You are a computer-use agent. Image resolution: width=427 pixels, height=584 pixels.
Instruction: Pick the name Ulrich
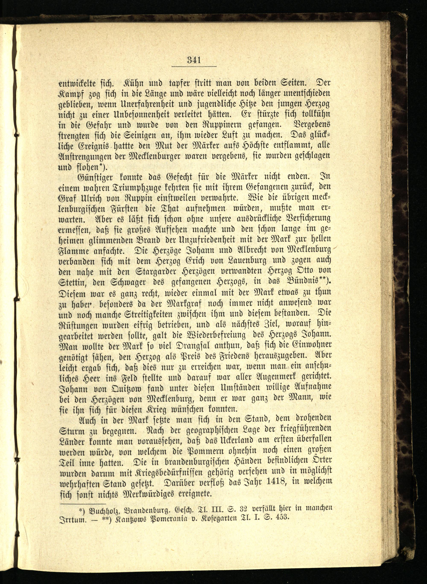point(93,197)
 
